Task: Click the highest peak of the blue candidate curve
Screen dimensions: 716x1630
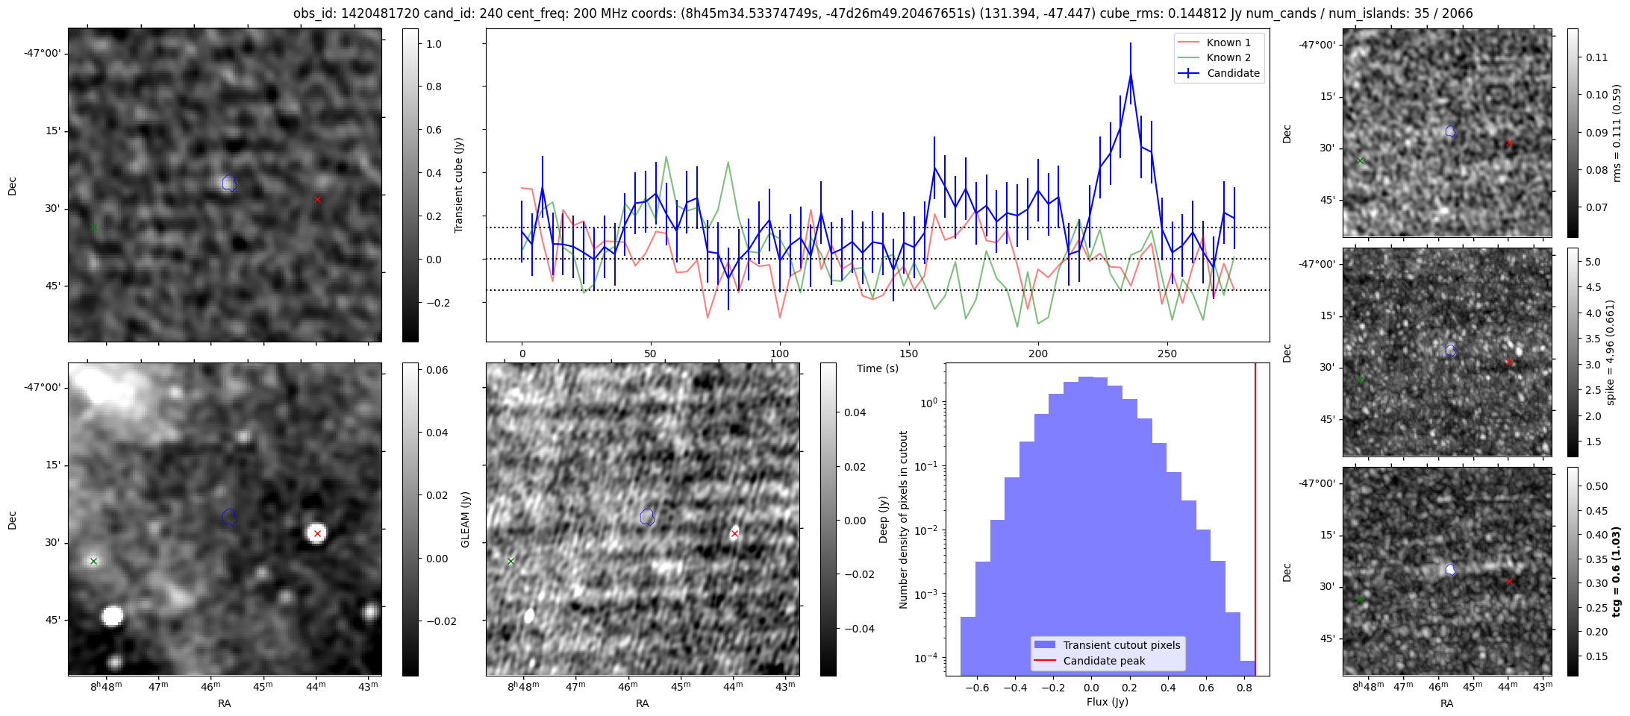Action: pos(1131,74)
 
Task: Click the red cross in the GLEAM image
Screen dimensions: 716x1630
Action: pos(317,533)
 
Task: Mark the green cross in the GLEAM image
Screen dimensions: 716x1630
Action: pos(93,561)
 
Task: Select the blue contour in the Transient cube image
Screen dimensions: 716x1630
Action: pos(229,183)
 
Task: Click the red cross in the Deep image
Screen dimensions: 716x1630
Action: pos(734,533)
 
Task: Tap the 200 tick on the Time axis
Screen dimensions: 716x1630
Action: pos(1037,354)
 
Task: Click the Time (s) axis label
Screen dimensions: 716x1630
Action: pos(877,368)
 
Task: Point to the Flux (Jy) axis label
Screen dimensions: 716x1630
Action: pos(1108,702)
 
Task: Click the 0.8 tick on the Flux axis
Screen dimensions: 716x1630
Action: pos(1244,688)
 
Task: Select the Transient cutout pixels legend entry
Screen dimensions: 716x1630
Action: pos(1121,645)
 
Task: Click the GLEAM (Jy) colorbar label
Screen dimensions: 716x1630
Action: pos(465,519)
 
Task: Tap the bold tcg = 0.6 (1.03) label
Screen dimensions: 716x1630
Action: pos(1617,571)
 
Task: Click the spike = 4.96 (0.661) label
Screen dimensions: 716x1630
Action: pos(1610,352)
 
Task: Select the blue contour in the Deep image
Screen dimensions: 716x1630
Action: pos(647,516)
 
